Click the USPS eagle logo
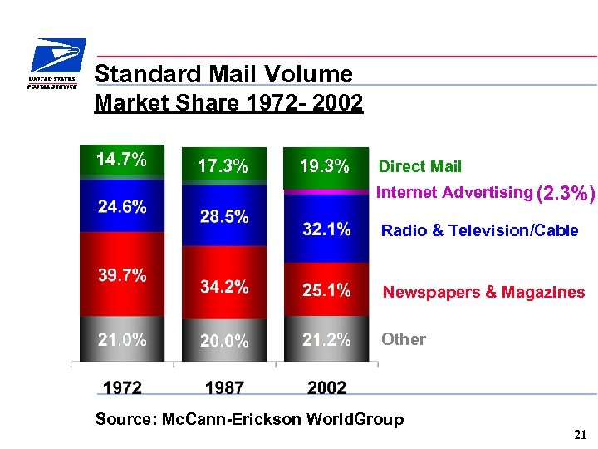tap(54, 64)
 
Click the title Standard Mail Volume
tap(223, 74)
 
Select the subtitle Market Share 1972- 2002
tap(228, 103)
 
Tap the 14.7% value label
tap(121, 160)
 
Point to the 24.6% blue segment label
tap(121, 207)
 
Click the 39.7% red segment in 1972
tap(121, 275)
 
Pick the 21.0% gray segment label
tap(121, 339)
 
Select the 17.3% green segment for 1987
tap(223, 166)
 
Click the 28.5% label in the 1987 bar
tap(224, 217)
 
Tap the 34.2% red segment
tap(224, 287)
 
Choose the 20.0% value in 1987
tap(224, 341)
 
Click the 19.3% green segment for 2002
tap(324, 166)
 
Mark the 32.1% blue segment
tap(326, 229)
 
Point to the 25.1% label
tap(326, 290)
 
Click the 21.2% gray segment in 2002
tap(326, 339)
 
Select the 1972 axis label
tap(122, 387)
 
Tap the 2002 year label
tap(326, 387)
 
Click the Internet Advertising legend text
tap(454, 193)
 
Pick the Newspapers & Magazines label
tap(483, 292)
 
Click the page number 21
tap(580, 434)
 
